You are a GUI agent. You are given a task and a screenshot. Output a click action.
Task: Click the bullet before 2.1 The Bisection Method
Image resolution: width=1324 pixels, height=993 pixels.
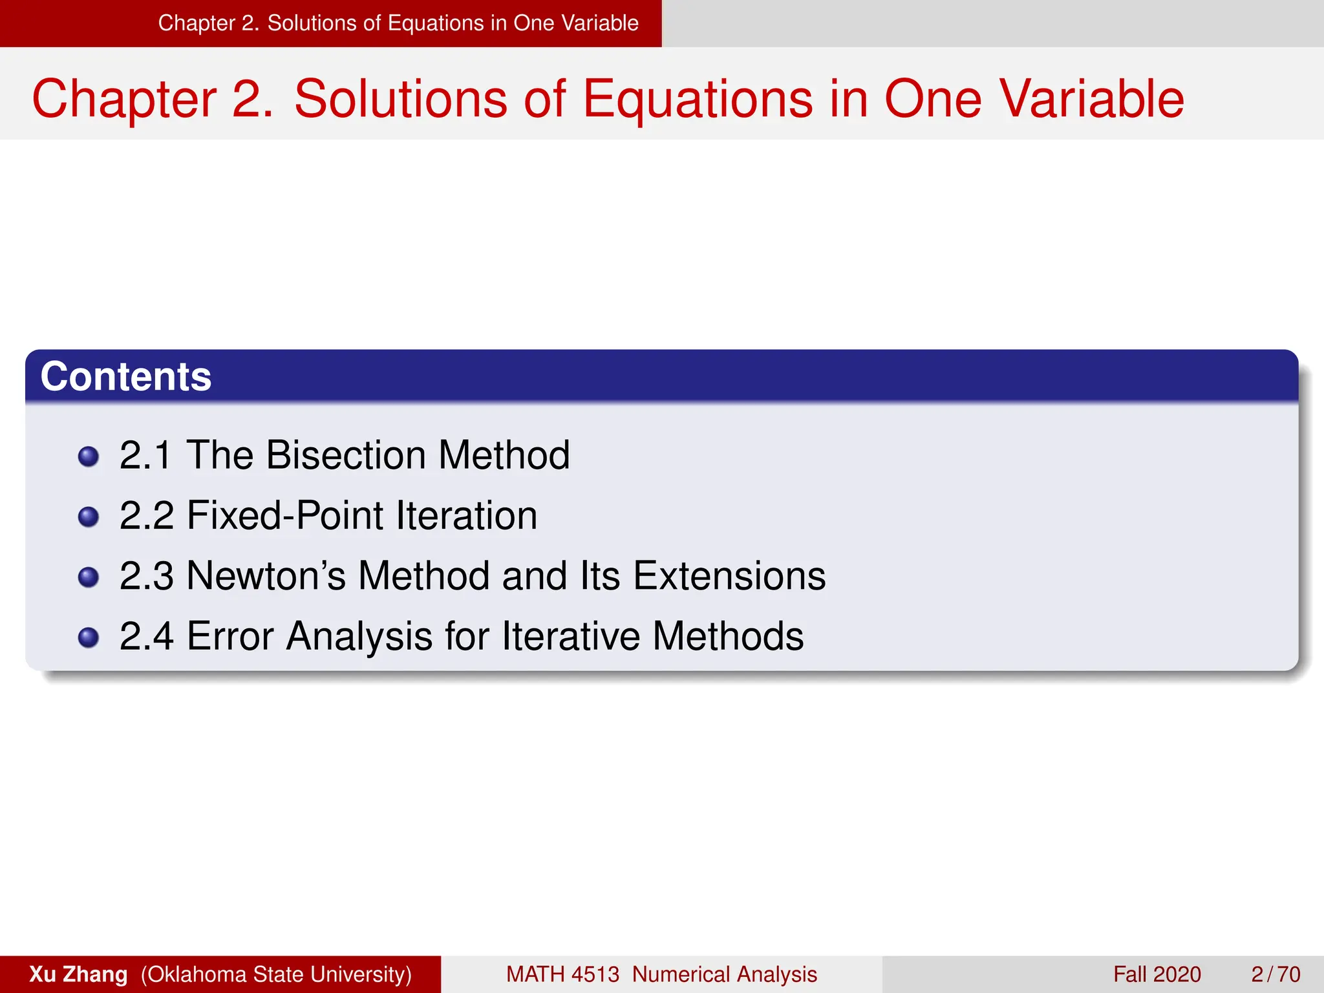point(88,457)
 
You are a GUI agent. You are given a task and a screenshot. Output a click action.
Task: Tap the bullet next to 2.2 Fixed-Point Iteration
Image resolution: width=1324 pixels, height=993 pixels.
point(88,517)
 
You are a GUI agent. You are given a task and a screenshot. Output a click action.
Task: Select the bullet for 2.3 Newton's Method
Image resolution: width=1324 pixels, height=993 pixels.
point(88,577)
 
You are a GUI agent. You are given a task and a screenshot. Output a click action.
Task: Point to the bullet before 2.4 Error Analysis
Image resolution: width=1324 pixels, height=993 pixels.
point(88,638)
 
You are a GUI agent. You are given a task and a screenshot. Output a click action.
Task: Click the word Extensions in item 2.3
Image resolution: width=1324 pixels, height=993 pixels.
point(729,575)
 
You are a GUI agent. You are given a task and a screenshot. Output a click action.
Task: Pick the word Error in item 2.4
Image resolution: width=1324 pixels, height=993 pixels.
point(230,636)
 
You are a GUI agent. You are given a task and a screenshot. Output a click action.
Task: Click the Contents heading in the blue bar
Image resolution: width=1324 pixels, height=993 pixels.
point(126,376)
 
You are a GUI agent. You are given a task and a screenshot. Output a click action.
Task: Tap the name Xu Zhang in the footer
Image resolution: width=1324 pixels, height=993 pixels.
point(78,974)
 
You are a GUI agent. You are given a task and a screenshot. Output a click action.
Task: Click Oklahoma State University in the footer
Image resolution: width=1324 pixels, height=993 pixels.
point(277,974)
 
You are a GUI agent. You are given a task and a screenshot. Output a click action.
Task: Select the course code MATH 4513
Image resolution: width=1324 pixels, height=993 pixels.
point(562,974)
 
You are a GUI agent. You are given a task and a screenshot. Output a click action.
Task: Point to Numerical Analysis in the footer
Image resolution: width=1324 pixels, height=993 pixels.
point(724,974)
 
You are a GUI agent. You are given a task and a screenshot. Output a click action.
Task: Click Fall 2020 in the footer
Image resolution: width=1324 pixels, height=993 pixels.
point(1157,974)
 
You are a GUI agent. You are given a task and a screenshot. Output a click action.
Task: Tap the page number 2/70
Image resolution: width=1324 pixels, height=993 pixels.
point(1275,974)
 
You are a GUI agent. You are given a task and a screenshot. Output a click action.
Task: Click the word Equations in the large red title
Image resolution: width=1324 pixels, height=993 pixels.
point(698,99)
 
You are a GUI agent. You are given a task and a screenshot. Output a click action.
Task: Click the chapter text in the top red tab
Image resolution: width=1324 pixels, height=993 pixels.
point(398,23)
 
